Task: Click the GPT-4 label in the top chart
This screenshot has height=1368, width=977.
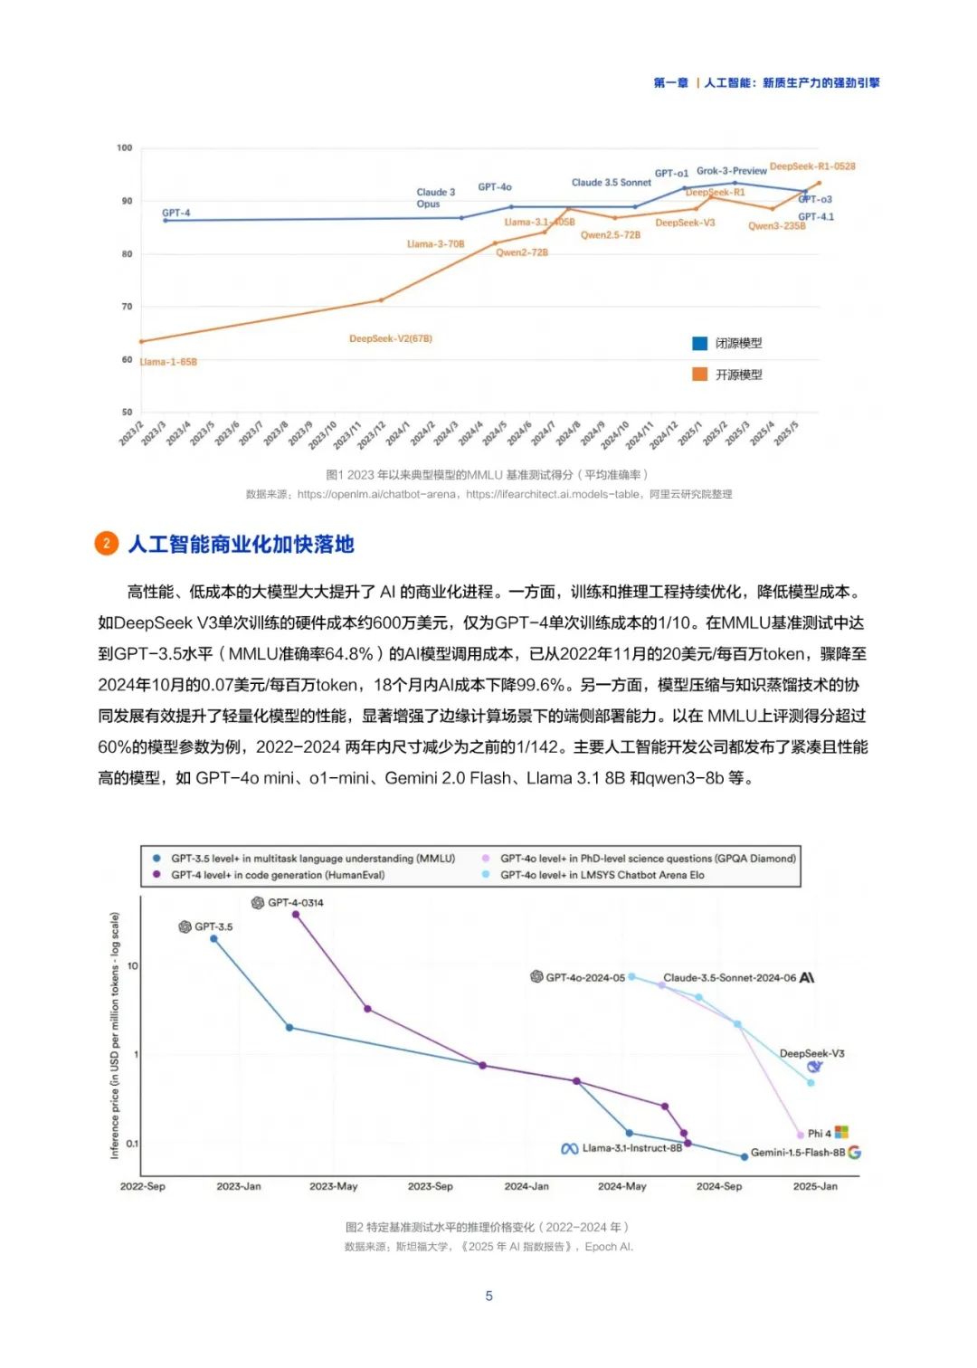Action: [x=175, y=214]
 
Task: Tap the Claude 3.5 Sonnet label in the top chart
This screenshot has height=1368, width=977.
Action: [x=611, y=183]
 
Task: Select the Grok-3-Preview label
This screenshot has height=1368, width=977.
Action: [x=731, y=171]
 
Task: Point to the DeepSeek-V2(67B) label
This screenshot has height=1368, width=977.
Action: [x=391, y=338]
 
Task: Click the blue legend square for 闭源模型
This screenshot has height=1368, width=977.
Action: [x=699, y=343]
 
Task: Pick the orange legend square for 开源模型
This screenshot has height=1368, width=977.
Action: [x=699, y=375]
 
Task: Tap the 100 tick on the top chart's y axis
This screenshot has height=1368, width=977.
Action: [x=125, y=147]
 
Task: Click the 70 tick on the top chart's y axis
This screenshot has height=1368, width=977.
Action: [x=127, y=307]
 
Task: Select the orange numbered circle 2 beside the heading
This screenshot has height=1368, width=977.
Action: [x=107, y=543]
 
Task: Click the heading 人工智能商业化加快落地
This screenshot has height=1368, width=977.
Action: [x=241, y=544]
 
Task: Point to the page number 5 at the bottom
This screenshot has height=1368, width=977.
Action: [x=489, y=1296]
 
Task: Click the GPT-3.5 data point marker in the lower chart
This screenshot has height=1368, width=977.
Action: [x=214, y=939]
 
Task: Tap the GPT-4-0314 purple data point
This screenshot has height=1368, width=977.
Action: [x=296, y=915]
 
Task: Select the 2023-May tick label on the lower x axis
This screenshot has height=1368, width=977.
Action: [x=333, y=1186]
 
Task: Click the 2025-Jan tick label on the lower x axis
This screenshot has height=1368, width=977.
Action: [x=815, y=1186]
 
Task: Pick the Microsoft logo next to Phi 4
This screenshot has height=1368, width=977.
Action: [x=841, y=1132]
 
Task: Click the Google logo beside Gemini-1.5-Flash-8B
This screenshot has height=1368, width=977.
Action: [x=854, y=1153]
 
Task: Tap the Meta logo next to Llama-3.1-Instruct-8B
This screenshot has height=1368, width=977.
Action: [x=570, y=1148]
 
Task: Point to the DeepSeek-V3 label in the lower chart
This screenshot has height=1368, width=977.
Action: [x=811, y=1053]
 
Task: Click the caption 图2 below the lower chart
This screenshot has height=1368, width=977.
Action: [x=487, y=1227]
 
